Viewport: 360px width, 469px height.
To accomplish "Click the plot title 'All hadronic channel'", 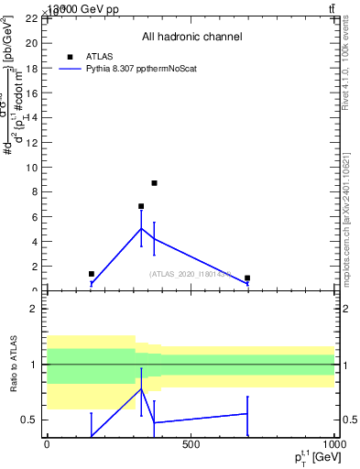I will coord(191,38).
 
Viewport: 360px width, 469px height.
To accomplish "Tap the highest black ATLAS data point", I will coord(155,183).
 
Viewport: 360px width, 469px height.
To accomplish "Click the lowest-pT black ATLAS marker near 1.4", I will coord(92,274).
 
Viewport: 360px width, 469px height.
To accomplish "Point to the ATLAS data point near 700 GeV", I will coord(247,278).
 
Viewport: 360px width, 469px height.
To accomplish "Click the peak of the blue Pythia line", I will coord(141,228).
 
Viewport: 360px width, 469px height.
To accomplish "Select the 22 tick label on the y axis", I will coord(30,18).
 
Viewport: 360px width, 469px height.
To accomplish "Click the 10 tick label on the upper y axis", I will coord(30,168).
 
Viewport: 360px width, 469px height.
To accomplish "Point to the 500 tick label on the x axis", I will coord(191,444).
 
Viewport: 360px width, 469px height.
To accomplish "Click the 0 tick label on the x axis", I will coord(47,444).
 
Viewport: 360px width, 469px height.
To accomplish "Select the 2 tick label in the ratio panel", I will coord(33,309).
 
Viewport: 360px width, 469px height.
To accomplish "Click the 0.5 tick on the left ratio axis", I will coord(29,420).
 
